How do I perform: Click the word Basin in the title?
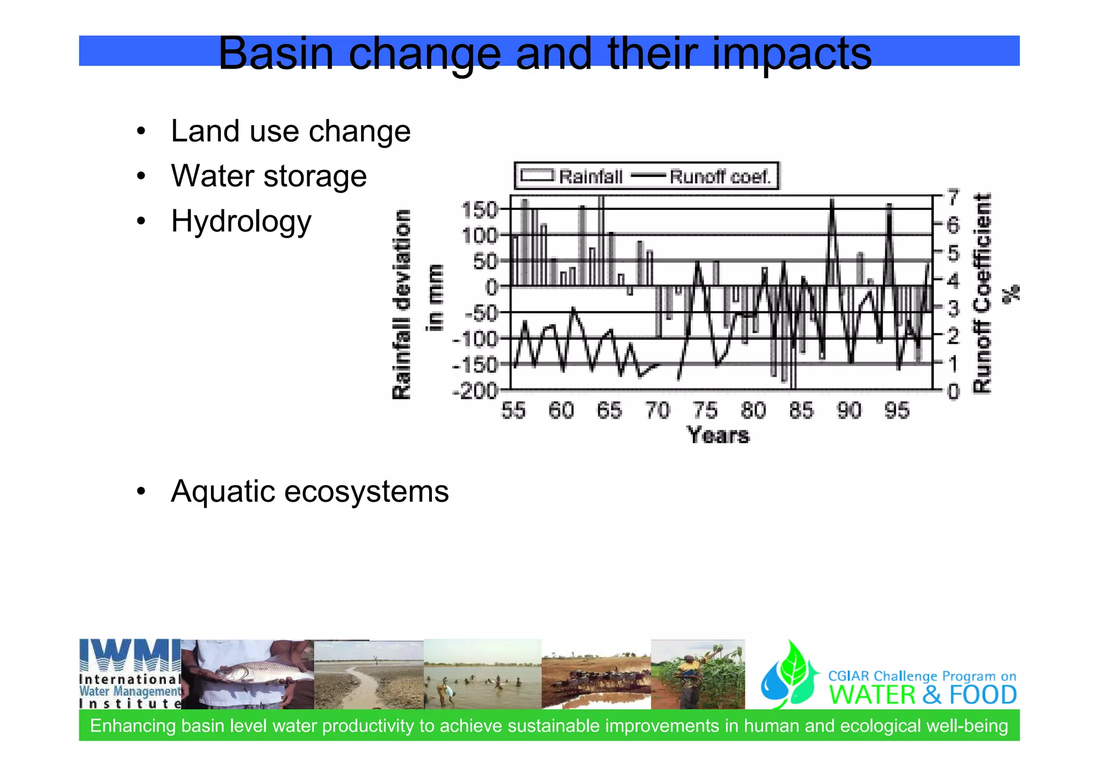pyautogui.click(x=276, y=54)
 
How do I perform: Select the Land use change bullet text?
pyautogui.click(x=290, y=131)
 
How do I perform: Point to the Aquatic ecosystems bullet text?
pyautogui.click(x=309, y=492)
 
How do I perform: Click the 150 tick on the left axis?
pyautogui.click(x=480, y=210)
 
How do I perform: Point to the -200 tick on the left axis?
pyautogui.click(x=476, y=391)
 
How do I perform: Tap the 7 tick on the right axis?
pyautogui.click(x=953, y=197)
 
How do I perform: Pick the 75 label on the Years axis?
pyautogui.click(x=705, y=411)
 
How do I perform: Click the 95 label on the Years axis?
pyautogui.click(x=897, y=411)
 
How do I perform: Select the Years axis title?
pyautogui.click(x=718, y=435)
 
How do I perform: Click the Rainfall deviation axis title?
pyautogui.click(x=402, y=304)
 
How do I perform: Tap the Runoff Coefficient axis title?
pyautogui.click(x=982, y=294)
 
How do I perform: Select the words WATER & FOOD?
pyautogui.click(x=922, y=695)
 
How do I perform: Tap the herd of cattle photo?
pyautogui.click(x=596, y=680)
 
